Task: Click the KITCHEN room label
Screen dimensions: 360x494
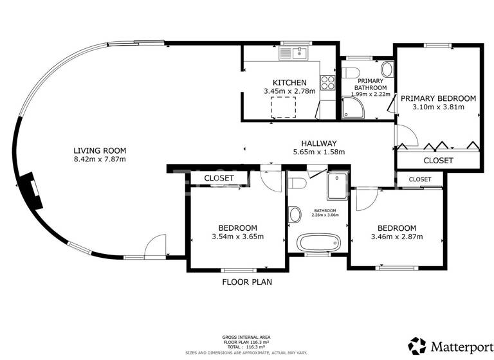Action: click(289, 82)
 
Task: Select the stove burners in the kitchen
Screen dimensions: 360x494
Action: click(328, 82)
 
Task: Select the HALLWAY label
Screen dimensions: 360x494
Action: click(319, 143)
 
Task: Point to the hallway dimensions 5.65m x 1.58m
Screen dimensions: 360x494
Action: click(319, 152)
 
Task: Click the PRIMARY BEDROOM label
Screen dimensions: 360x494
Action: click(438, 98)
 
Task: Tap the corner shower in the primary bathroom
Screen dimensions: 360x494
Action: click(352, 108)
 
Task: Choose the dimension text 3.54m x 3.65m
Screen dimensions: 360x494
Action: click(237, 237)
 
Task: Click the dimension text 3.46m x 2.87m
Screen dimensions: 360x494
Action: click(396, 237)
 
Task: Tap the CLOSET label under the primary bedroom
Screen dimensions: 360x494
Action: click(438, 160)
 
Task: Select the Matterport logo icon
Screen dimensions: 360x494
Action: click(417, 345)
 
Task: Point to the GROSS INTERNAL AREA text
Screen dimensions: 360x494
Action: click(246, 336)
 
